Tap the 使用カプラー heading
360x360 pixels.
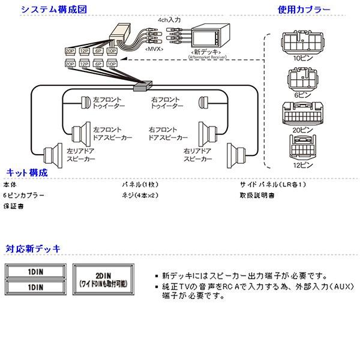[304, 10]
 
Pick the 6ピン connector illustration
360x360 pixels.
[303, 80]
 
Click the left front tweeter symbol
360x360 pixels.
[85, 101]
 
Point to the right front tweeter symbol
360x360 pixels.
[202, 101]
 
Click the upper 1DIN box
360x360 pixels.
[35, 270]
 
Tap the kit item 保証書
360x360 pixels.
[13, 206]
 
